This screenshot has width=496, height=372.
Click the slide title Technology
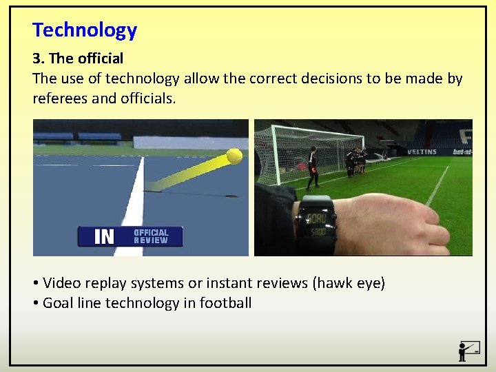click(x=85, y=30)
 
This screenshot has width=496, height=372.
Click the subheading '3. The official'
click(x=78, y=59)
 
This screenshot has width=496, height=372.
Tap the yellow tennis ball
click(x=234, y=156)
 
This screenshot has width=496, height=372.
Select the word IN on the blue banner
click(x=104, y=237)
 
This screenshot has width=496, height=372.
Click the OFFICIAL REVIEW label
click(x=151, y=236)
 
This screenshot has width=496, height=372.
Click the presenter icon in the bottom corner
click(x=468, y=351)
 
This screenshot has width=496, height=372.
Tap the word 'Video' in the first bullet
click(x=62, y=283)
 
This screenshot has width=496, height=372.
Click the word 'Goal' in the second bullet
click(x=59, y=303)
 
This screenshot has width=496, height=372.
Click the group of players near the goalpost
click(x=356, y=163)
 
